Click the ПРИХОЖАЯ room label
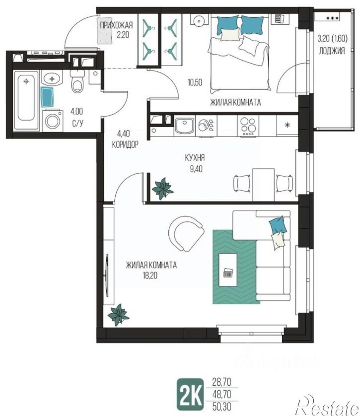coord(116,25)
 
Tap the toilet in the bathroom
coord(77,81)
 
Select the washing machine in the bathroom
coord(53,121)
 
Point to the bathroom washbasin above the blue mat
coord(52,78)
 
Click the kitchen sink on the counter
coord(185,126)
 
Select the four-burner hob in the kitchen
coord(248,126)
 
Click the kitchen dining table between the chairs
coord(263,184)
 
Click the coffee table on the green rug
coord(228,270)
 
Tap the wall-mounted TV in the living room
coord(107,276)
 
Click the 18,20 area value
coord(150,276)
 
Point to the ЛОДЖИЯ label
coord(332,51)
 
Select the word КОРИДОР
coord(125,144)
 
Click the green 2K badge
coord(191,394)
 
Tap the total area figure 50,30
coord(222,406)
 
